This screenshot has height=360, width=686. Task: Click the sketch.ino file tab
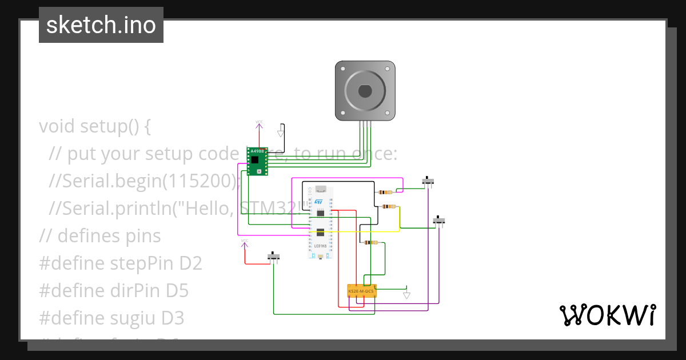click(x=101, y=25)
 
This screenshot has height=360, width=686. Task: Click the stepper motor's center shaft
click(x=365, y=91)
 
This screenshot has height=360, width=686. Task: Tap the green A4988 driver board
click(x=257, y=161)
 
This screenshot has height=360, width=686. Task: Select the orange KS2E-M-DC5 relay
click(x=361, y=291)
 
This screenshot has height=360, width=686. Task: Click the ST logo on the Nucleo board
click(x=318, y=202)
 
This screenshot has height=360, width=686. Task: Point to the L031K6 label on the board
click(x=320, y=246)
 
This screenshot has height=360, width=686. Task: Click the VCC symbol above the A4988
click(x=259, y=122)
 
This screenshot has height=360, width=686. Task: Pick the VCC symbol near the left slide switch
click(x=244, y=241)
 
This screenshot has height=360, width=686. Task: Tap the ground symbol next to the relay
click(x=406, y=295)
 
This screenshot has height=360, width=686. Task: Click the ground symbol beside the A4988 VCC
click(x=280, y=133)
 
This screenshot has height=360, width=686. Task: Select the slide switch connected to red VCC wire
click(x=274, y=257)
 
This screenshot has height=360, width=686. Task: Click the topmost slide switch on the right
click(x=428, y=181)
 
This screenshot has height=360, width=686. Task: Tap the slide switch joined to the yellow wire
click(x=438, y=221)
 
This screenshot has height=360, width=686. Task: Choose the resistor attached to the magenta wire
click(x=386, y=193)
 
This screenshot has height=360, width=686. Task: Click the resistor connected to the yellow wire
click(x=389, y=206)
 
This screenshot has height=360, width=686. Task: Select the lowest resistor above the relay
click(x=371, y=242)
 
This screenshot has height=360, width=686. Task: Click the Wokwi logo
click(x=607, y=315)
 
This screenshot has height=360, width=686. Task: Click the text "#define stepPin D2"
click(x=121, y=263)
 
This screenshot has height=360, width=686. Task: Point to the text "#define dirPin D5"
click(x=114, y=290)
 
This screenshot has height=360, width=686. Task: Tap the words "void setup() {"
click(x=95, y=126)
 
